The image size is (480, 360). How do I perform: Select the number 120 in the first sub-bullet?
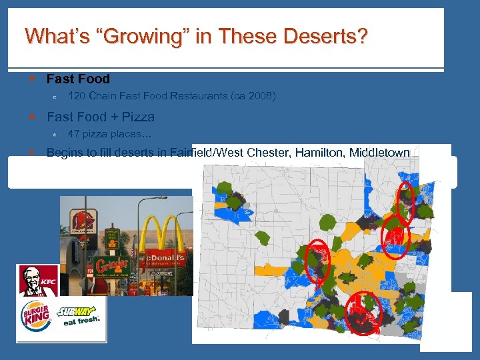pos(77,96)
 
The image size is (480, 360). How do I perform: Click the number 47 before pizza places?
pos(73,134)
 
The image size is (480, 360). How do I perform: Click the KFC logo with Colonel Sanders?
pos(37,281)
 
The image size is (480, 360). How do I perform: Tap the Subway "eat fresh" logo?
pos(80,315)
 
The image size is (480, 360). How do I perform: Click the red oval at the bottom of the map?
pos(364,312)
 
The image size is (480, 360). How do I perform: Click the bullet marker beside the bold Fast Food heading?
pos(32,79)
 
